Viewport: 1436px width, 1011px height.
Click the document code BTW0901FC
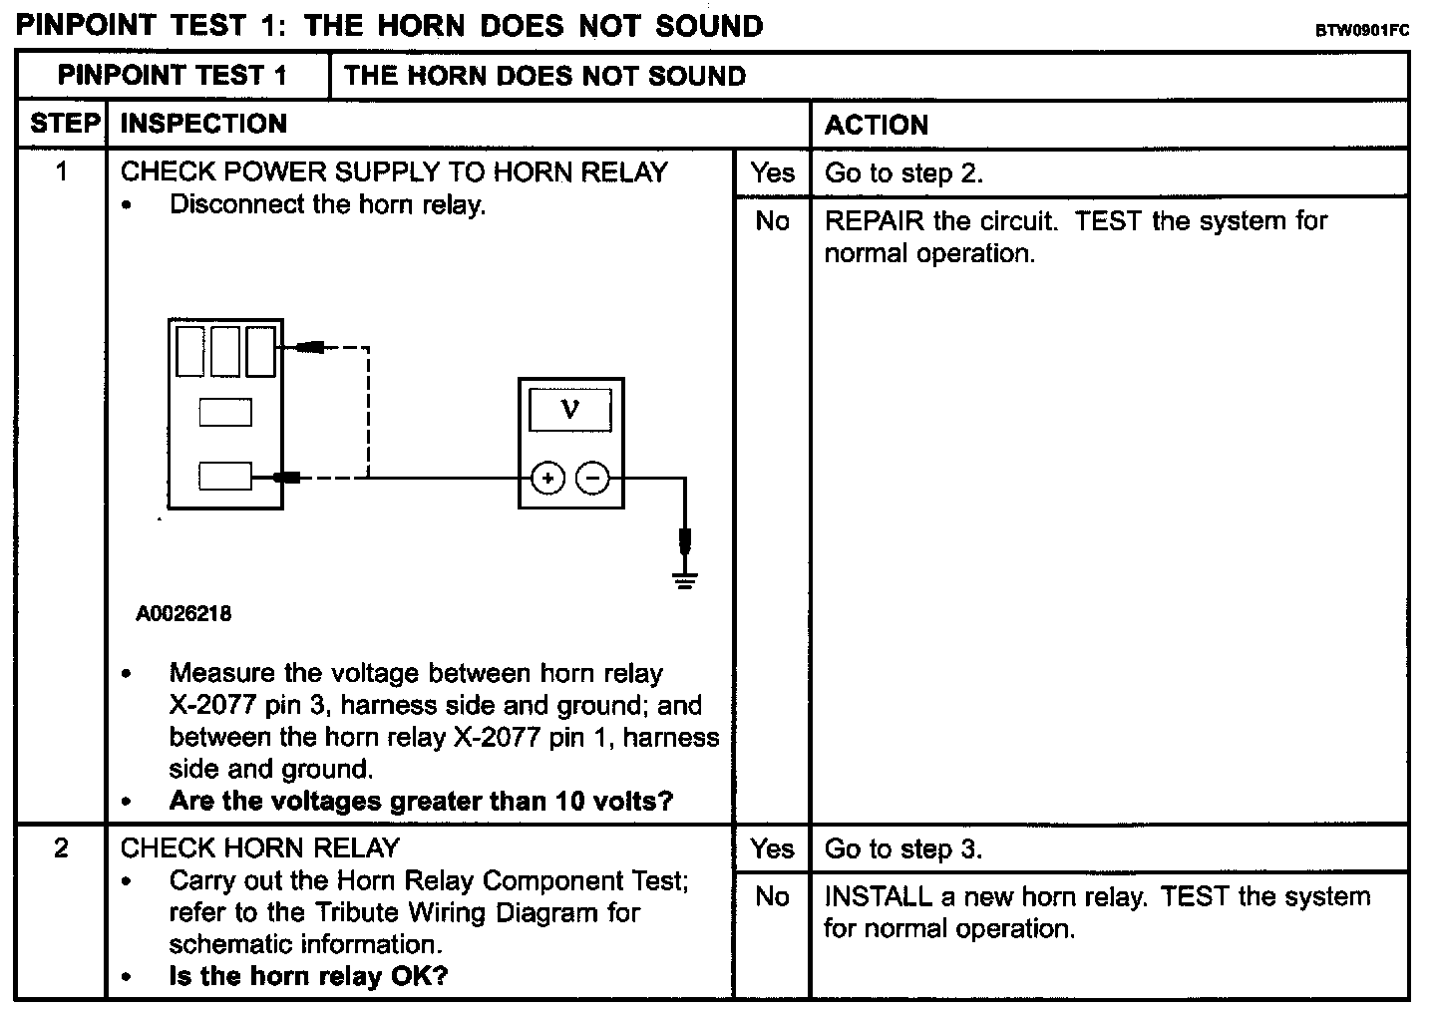click(x=1361, y=30)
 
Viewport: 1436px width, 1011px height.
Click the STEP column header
click(x=64, y=124)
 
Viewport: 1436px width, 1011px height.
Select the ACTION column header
click(x=877, y=125)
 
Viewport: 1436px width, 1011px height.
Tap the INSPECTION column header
click(x=203, y=124)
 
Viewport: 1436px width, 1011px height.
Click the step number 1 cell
click(x=62, y=172)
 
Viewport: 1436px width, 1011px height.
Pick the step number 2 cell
click(x=62, y=848)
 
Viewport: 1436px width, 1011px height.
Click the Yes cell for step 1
click(x=772, y=172)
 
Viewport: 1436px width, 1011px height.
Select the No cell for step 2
click(x=772, y=896)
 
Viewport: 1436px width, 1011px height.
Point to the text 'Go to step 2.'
click(x=903, y=173)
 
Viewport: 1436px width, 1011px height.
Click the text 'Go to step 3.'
click(x=903, y=849)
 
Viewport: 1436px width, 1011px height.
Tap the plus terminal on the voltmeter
click(x=547, y=480)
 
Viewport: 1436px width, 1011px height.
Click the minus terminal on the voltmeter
click(x=593, y=480)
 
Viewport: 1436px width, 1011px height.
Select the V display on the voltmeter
click(x=570, y=409)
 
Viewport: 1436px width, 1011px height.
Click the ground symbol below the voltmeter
click(x=684, y=578)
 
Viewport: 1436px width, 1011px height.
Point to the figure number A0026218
click(x=183, y=614)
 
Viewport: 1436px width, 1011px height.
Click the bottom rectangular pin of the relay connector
click(x=225, y=477)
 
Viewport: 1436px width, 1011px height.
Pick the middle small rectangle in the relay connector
click(x=225, y=412)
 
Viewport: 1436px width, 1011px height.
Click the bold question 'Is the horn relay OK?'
click(x=308, y=976)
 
